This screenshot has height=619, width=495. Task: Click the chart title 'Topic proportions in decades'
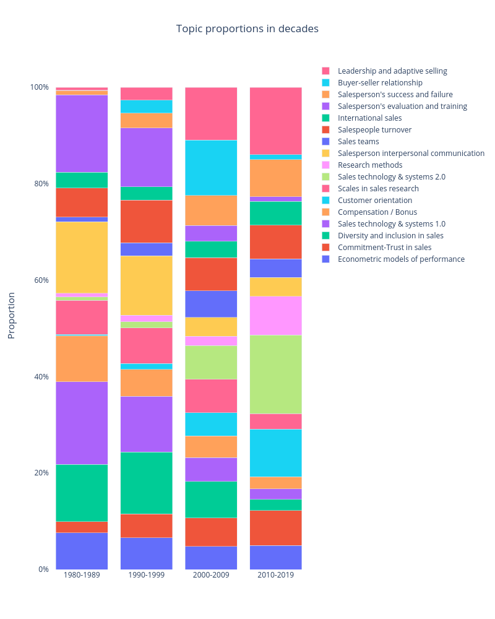tap(247, 29)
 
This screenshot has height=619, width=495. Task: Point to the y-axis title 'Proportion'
tap(11, 315)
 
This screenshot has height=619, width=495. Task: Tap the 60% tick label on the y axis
tap(40, 280)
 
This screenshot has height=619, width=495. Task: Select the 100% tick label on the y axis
tap(38, 87)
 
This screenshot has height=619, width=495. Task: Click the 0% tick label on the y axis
tap(42, 569)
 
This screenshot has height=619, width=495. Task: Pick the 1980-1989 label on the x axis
tap(82, 575)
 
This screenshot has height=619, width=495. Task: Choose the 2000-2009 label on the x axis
tap(211, 575)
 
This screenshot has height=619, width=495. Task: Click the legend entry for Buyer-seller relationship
tap(380, 83)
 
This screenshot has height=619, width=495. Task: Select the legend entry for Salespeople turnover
tap(374, 130)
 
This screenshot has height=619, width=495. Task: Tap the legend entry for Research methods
tap(369, 165)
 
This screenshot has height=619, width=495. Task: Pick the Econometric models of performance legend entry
tap(401, 259)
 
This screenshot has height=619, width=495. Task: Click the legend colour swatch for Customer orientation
tap(325, 201)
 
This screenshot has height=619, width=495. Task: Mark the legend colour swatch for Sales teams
tap(325, 142)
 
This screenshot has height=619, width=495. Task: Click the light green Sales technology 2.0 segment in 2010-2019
tap(275, 374)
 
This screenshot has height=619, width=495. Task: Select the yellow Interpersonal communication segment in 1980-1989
tap(82, 257)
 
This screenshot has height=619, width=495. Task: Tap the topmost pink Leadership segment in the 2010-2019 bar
tap(275, 121)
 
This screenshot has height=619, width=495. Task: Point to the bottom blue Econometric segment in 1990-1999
tap(146, 553)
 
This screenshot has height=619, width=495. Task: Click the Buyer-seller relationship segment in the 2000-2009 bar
tap(211, 168)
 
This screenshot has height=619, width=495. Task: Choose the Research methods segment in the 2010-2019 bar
tap(275, 316)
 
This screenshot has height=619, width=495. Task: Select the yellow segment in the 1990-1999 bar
tap(146, 285)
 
